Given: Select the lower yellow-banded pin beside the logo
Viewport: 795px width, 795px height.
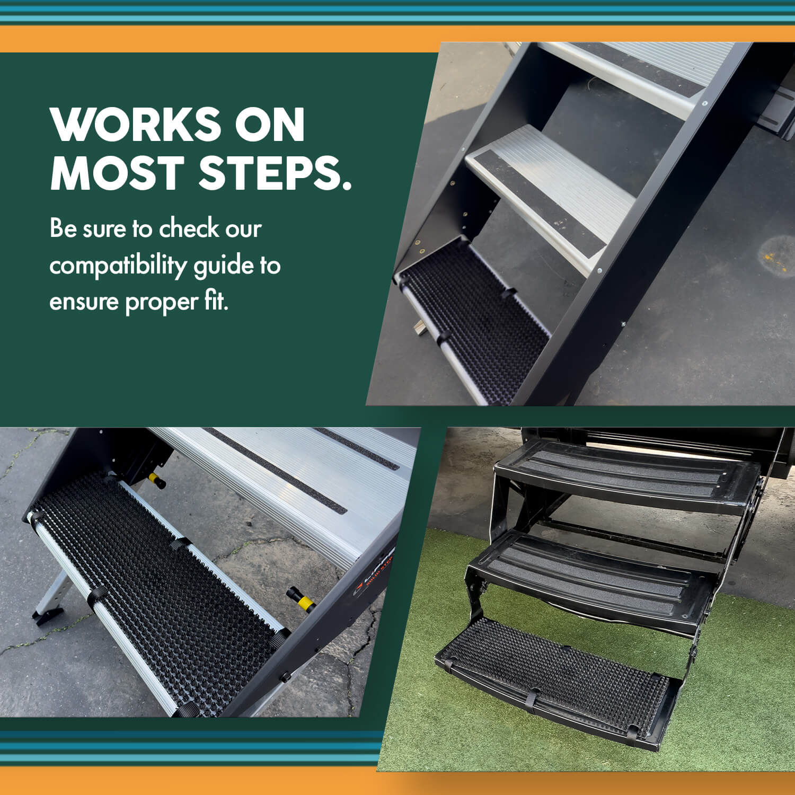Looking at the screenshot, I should point(301,599).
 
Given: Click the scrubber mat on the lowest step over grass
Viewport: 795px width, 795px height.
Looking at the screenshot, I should point(556,673).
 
